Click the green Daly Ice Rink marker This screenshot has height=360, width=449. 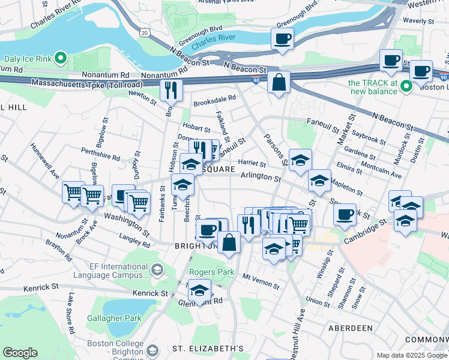coord(60,59)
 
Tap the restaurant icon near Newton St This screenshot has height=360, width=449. coord(171,90)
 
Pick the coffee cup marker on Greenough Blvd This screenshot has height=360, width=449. coord(282,40)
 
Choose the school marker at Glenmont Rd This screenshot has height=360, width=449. coord(199,291)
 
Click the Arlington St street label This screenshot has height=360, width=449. coord(261,178)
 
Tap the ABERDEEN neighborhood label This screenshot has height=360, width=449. coord(351,328)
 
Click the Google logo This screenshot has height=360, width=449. coord(20,353)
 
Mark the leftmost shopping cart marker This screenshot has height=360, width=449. coord(73,193)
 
